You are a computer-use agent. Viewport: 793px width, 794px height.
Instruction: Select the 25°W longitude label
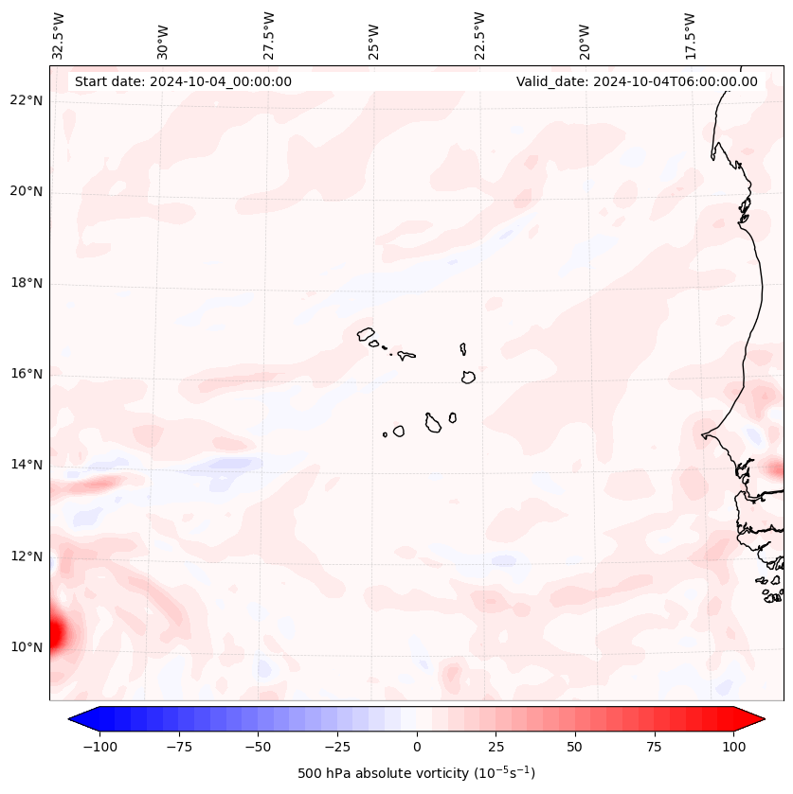pyautogui.click(x=374, y=36)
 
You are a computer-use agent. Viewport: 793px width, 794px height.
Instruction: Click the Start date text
pyautogui.click(x=183, y=81)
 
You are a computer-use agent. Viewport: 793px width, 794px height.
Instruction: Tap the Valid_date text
pyautogui.click(x=637, y=81)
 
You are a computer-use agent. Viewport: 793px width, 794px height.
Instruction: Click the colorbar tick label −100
pyautogui.click(x=100, y=747)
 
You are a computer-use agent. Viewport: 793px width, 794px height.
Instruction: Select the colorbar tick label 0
pyautogui.click(x=417, y=747)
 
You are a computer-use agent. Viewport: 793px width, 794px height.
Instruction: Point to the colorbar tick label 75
pyautogui.click(x=655, y=747)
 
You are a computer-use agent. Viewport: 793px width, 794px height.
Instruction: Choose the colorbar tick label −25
pyautogui.click(x=337, y=747)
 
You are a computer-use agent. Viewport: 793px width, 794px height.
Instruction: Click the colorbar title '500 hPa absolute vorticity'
pyautogui.click(x=416, y=773)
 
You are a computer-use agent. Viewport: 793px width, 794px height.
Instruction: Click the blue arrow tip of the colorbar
pyautogui.click(x=73, y=720)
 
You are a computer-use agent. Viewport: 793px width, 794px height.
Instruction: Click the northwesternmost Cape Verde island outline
pyautogui.click(x=367, y=333)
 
